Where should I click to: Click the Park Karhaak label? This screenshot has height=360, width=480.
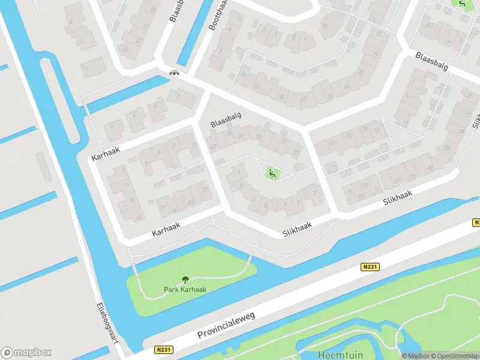coord(185,289)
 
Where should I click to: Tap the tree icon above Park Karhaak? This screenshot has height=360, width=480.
coord(185,279)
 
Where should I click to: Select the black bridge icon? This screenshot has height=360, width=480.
coord(174,73)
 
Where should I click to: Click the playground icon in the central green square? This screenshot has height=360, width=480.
coord(272,174)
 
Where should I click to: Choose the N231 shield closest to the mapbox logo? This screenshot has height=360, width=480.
coord(163,350)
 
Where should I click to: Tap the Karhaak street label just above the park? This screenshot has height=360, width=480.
coord(166,230)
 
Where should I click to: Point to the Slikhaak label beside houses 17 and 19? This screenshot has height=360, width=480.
coord(398,199)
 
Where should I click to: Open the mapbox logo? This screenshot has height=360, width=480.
coord(26,352)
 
